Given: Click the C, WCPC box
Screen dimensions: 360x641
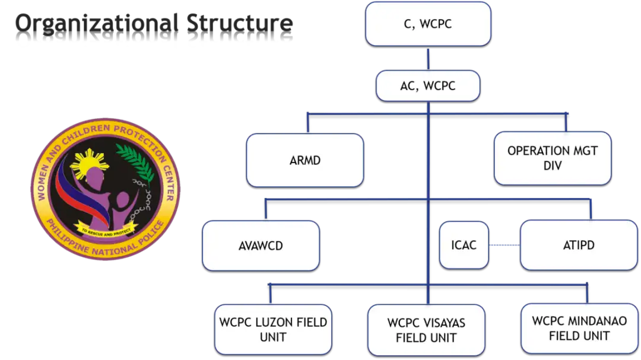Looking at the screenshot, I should click(429, 24).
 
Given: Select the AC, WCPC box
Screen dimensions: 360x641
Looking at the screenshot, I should click(428, 86).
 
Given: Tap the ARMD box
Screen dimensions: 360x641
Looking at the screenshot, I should click(305, 160).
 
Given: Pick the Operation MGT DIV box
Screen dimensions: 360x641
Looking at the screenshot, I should click(552, 158).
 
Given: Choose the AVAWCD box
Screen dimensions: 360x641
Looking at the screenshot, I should click(261, 245).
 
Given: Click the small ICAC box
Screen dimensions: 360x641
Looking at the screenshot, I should click(464, 244).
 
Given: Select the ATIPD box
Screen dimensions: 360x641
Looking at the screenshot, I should click(578, 244).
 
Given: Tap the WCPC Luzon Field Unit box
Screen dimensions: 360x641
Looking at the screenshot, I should click(273, 329).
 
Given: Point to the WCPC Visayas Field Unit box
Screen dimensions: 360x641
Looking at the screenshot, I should click(426, 330).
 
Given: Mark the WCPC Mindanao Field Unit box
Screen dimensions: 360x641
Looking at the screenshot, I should click(579, 328).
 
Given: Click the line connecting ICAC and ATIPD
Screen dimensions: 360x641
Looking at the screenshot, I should click(504, 244).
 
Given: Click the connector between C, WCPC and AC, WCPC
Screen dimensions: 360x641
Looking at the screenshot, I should click(429, 59).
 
